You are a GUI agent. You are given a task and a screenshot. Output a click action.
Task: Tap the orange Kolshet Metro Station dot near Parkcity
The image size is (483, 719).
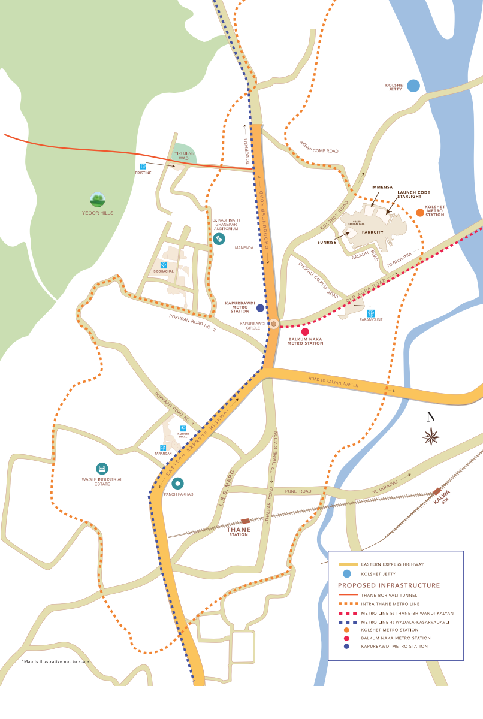[x=420, y=213]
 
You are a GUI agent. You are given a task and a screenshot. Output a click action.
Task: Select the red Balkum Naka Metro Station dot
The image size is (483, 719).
[x=305, y=331]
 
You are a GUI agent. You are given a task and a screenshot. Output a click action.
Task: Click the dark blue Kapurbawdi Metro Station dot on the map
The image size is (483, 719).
[x=260, y=308]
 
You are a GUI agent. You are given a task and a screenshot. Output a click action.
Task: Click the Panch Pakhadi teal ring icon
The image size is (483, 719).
[x=177, y=483]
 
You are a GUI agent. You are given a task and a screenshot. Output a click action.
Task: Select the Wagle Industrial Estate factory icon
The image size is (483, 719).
[x=102, y=468]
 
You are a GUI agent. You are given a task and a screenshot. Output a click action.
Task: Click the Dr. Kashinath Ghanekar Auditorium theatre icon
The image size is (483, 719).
[x=219, y=238]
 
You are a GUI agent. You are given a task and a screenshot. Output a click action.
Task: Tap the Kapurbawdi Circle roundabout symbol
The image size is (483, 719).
[x=273, y=324]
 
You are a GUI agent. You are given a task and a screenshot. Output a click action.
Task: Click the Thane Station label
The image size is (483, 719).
[x=238, y=532]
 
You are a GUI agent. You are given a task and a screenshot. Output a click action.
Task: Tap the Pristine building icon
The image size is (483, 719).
[x=143, y=166]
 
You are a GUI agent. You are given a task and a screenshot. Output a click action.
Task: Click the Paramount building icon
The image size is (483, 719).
[x=371, y=313]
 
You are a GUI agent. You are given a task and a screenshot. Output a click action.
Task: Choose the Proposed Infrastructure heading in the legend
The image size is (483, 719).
[x=388, y=585]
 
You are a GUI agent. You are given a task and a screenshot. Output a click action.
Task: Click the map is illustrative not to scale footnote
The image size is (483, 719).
[x=55, y=661]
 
